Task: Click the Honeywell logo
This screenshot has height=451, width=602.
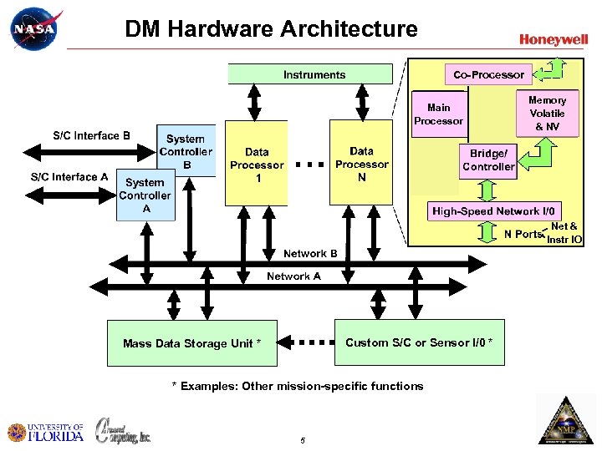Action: click(553, 39)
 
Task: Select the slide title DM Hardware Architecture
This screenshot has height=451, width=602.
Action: click(271, 29)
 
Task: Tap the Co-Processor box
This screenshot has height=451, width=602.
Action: click(488, 74)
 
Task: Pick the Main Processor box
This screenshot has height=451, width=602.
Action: click(438, 114)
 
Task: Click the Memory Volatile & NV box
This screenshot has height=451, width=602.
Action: click(547, 113)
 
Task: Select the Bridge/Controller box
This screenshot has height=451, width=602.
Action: click(488, 160)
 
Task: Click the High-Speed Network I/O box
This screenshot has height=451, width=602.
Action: click(496, 211)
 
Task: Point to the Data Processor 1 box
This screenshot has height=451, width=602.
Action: click(257, 164)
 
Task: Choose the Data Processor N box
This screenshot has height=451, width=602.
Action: click(361, 162)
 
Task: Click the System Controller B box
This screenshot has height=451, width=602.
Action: click(186, 151)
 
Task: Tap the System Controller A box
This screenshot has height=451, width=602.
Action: click(145, 195)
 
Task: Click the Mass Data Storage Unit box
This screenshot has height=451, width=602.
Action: click(191, 342)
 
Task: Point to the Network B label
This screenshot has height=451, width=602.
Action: click(310, 253)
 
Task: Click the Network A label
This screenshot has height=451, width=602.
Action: click(293, 276)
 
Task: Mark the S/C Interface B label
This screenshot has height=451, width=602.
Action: click(91, 135)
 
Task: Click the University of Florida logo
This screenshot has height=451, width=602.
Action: click(46, 432)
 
